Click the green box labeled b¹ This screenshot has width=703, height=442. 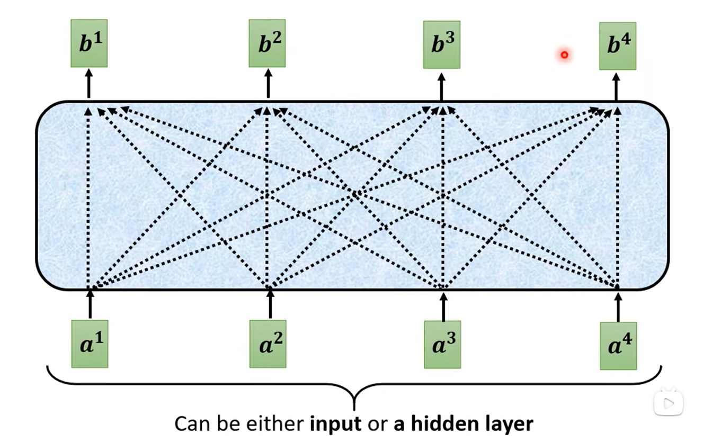pos(89,43)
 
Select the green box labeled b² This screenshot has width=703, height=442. pos(267,43)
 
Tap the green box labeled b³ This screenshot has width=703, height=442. pos(442,44)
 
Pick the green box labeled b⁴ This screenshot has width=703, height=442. pos(617,46)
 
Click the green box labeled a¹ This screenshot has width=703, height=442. pos(90,344)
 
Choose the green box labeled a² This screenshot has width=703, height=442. pos(268,344)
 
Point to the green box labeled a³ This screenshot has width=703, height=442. pos(442,344)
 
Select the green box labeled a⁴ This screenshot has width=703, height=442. pos(618,345)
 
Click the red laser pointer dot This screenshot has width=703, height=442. pos(564,55)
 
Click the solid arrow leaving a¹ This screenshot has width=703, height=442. pos(90,304)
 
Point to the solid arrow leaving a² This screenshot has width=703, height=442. pos(270,304)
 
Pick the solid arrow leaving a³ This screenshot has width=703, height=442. pos(444,305)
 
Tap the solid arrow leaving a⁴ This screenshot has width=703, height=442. pos(618,306)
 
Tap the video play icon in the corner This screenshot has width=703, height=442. pos(668,404)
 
